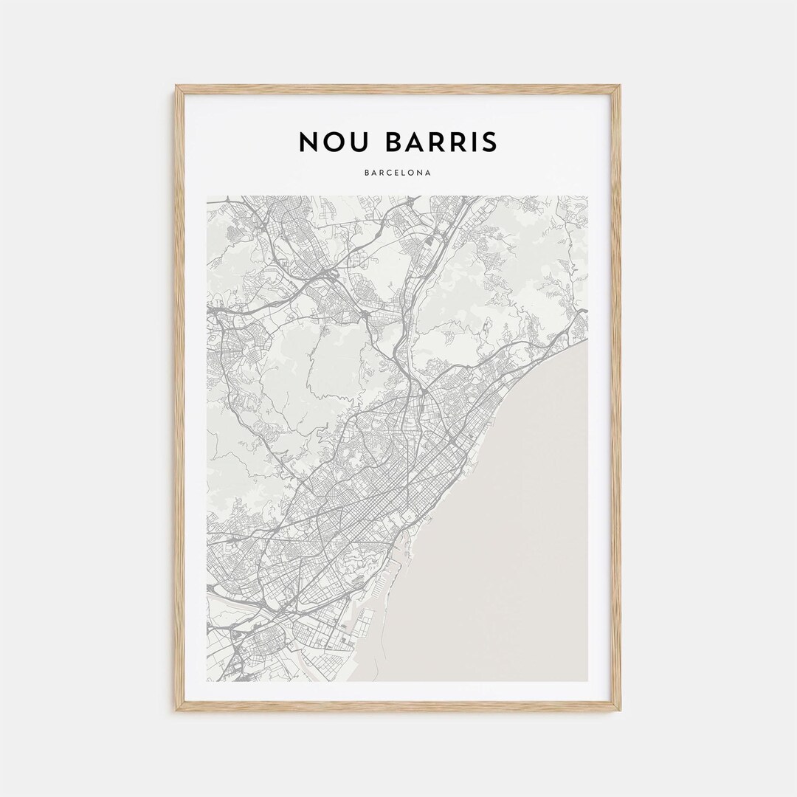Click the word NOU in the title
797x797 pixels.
334,142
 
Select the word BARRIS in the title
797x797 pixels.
441,142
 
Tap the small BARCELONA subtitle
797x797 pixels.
398,173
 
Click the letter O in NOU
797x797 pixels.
334,142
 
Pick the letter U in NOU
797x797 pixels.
360,142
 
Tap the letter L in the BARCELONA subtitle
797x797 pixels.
402,173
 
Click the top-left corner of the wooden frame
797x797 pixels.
177,87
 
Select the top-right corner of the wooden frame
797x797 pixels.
619,87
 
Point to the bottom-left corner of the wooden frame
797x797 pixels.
177,709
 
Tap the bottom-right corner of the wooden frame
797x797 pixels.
619,709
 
